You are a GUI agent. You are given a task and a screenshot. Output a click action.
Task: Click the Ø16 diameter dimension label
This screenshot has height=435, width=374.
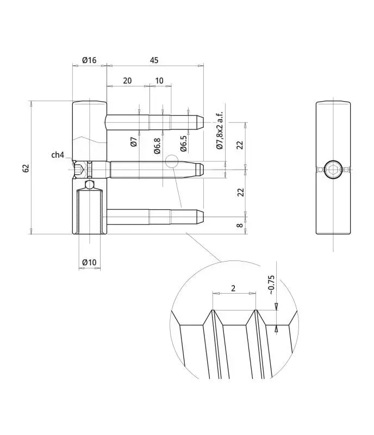pos(89,60)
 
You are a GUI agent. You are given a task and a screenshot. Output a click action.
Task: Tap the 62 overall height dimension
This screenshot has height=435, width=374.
pos(26,168)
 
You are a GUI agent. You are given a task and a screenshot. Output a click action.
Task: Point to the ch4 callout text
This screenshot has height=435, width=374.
pos(58,155)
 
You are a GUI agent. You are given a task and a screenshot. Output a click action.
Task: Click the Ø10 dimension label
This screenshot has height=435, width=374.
pos(89,263)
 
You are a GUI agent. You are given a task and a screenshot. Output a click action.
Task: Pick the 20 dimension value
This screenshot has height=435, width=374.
pos(127,80)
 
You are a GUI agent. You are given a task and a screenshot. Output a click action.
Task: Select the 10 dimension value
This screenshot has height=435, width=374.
pos(159,80)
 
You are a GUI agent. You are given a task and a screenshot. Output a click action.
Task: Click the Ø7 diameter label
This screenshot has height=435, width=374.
pos(133,142)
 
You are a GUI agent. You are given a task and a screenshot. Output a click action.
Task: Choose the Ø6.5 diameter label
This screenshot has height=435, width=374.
pos(184,144)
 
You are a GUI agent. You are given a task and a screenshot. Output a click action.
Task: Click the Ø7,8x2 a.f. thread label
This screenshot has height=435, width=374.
pos(220,130)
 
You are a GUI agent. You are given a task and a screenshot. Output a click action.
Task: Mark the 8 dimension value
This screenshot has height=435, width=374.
pos(240,225)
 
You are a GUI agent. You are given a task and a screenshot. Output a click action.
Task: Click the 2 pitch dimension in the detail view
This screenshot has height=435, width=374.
pos(233,288)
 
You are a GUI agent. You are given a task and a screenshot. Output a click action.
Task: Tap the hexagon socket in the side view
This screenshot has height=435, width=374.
pos(333,169)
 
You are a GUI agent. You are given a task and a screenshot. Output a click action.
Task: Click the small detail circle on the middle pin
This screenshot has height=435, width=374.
pos(172,161)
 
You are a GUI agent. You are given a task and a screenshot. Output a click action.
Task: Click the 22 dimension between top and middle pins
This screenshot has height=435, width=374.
pos(240,145)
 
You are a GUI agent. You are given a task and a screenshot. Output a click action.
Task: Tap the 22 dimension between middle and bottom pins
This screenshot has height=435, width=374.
pos(240,192)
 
